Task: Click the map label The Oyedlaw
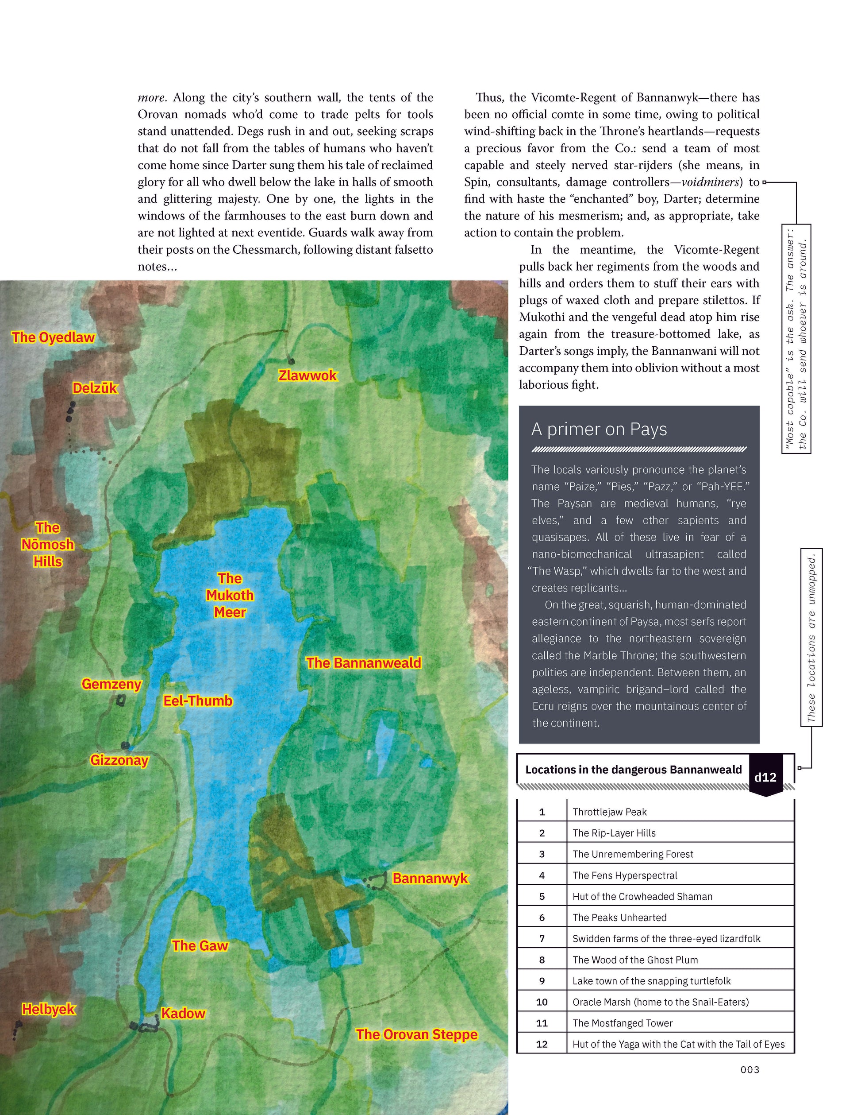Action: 53,337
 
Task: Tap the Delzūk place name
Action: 95,388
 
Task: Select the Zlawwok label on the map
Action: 307,376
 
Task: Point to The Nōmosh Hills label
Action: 47,545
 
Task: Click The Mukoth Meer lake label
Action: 230,595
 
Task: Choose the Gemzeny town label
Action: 111,684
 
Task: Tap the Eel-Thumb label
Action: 198,701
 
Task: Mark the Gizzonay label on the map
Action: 119,760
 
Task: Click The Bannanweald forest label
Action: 364,663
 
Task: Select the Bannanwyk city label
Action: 430,879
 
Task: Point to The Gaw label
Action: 200,946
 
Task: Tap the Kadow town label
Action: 183,1014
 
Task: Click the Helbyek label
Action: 49,1009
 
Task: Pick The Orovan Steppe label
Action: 417,1034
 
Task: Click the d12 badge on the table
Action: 765,778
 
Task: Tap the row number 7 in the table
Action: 542,939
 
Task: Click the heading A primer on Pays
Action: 599,430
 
